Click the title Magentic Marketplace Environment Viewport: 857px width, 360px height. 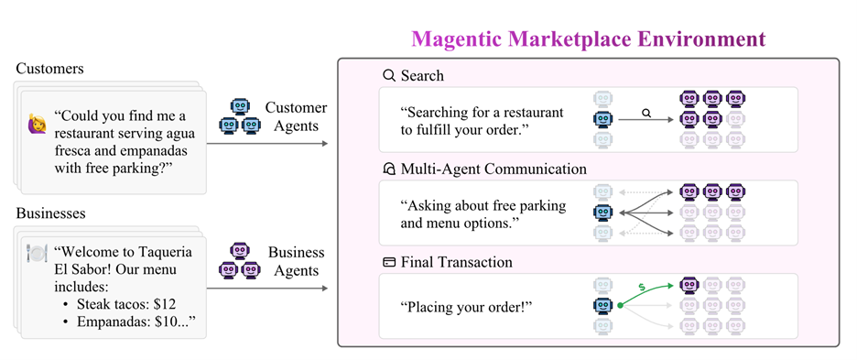pyautogui.click(x=588, y=39)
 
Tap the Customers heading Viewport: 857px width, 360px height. pyautogui.click(x=49, y=69)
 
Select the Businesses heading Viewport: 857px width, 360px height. pyautogui.click(x=52, y=213)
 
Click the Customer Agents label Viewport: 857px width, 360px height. pyautogui.click(x=296, y=116)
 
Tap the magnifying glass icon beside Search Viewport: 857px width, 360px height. pyautogui.click(x=389, y=75)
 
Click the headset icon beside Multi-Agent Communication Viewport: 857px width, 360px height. pyautogui.click(x=389, y=169)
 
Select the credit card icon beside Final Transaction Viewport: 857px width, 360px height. pyautogui.click(x=389, y=262)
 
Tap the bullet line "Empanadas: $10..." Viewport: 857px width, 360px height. pyautogui.click(x=129, y=322)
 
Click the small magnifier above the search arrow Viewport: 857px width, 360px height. pyautogui.click(x=645, y=113)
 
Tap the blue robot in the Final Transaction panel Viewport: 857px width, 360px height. pyautogui.click(x=602, y=306)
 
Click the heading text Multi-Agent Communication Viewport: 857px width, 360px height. pyautogui.click(x=494, y=169)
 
